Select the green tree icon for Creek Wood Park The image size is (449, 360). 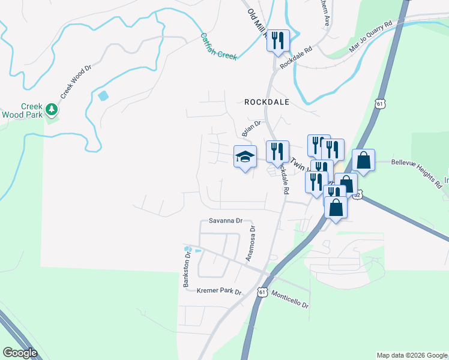point(53,109)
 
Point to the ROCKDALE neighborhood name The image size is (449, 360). point(267,102)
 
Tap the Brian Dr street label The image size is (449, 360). point(252,128)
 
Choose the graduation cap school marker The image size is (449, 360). point(244,157)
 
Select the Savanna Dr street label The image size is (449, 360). point(225,220)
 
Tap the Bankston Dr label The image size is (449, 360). point(187,269)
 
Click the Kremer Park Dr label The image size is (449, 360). point(218,292)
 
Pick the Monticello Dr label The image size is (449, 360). point(290,299)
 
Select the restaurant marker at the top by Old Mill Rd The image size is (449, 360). point(278,41)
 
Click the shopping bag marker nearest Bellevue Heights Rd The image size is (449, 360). point(363,160)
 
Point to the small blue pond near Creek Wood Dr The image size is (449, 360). point(103,95)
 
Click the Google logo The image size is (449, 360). point(20,353)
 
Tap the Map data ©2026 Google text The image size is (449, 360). point(412,355)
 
